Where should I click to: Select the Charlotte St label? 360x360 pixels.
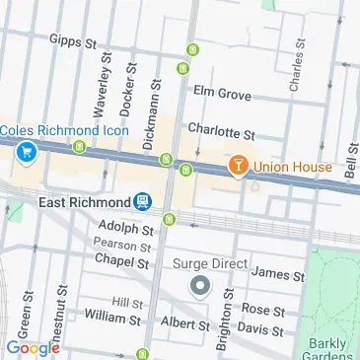click(222, 130)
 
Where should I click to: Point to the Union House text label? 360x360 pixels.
click(292, 167)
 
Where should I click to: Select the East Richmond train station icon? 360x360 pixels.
click(144, 202)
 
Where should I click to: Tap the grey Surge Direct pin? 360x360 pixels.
click(200, 287)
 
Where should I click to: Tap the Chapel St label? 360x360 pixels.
click(121, 261)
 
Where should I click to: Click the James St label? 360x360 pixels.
click(276, 272)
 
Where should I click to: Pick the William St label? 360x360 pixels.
click(114, 318)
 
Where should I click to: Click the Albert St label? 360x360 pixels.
click(185, 324)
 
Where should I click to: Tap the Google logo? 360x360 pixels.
click(33, 347)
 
